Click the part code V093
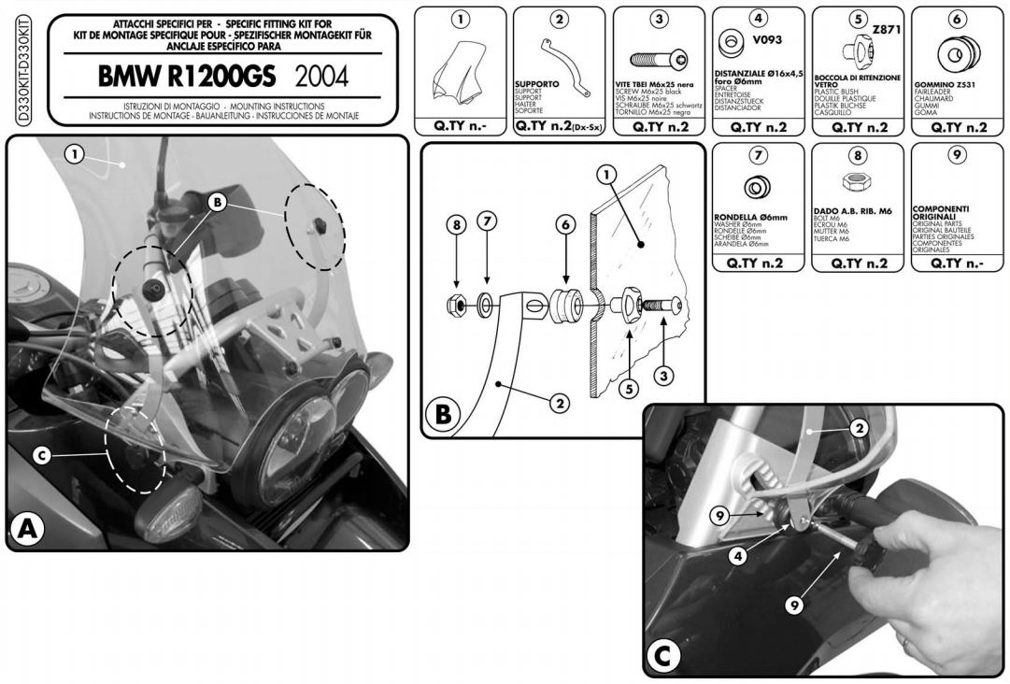coord(767,40)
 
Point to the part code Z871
coord(886,30)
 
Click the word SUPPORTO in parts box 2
coord(536,84)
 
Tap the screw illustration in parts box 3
coord(659,59)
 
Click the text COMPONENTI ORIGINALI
coord(940,213)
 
